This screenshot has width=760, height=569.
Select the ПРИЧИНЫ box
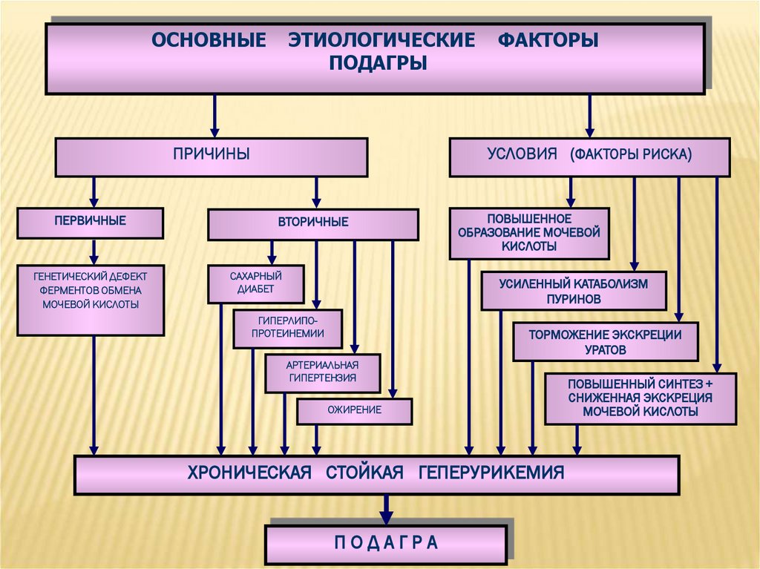click(212, 157)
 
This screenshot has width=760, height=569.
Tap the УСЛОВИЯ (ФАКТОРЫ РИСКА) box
click(589, 157)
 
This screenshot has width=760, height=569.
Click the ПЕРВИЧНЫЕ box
click(90, 221)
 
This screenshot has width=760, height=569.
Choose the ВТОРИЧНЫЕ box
click(312, 223)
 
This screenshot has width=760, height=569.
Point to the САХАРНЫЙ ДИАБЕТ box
click(255, 283)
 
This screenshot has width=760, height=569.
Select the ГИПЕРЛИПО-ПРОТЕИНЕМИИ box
click(287, 328)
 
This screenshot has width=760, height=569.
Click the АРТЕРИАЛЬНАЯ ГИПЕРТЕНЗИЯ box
click(322, 372)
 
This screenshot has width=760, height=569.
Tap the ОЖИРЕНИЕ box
click(354, 410)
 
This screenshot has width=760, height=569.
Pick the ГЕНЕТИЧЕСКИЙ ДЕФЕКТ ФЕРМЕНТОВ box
click(90, 300)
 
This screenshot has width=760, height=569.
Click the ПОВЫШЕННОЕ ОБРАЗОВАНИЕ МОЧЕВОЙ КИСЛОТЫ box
click(528, 233)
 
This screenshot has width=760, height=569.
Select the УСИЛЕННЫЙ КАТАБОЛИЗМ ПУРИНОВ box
click(573, 290)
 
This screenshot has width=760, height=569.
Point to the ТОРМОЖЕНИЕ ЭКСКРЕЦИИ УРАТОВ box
click(605, 341)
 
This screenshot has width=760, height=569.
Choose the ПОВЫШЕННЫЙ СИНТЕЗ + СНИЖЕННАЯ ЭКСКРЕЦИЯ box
click(640, 398)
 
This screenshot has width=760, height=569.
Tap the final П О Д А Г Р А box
click(386, 542)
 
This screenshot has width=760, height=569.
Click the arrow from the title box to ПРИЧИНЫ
click(214, 115)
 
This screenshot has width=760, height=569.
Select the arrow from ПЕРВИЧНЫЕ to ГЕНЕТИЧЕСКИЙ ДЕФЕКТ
click(94, 251)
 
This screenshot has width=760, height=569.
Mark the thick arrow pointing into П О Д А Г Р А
click(386, 510)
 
